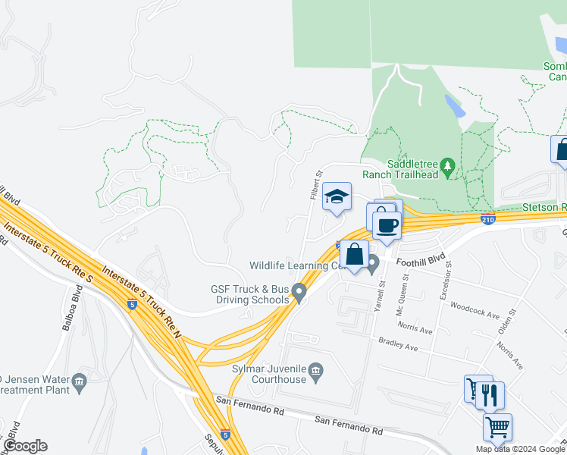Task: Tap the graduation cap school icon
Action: tap(336, 198)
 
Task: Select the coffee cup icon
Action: tap(387, 225)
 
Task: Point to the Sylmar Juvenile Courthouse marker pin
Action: tap(317, 370)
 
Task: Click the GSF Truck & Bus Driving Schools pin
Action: tap(299, 290)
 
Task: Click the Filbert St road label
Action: tap(315, 184)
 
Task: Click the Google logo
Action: tap(25, 446)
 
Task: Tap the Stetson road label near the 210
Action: tap(544, 207)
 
